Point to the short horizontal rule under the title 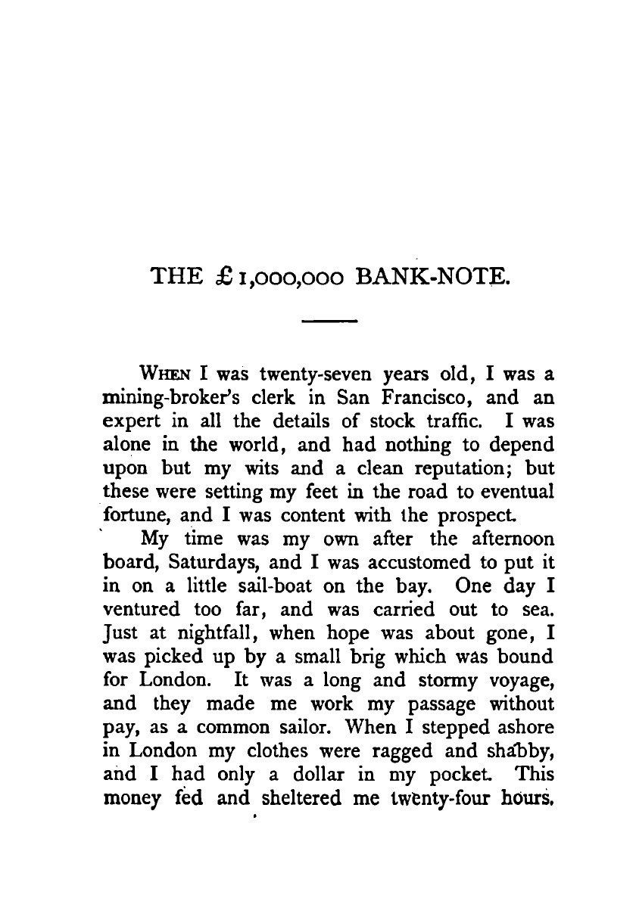click(x=329, y=324)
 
